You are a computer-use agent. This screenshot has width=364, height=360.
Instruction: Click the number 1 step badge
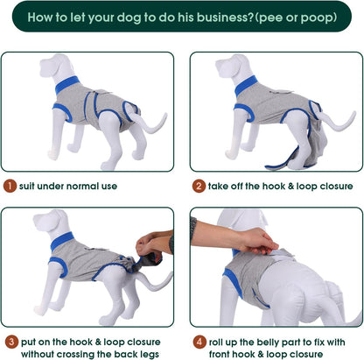[x=8, y=186]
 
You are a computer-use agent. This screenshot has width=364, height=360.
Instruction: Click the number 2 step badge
[x=199, y=186]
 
